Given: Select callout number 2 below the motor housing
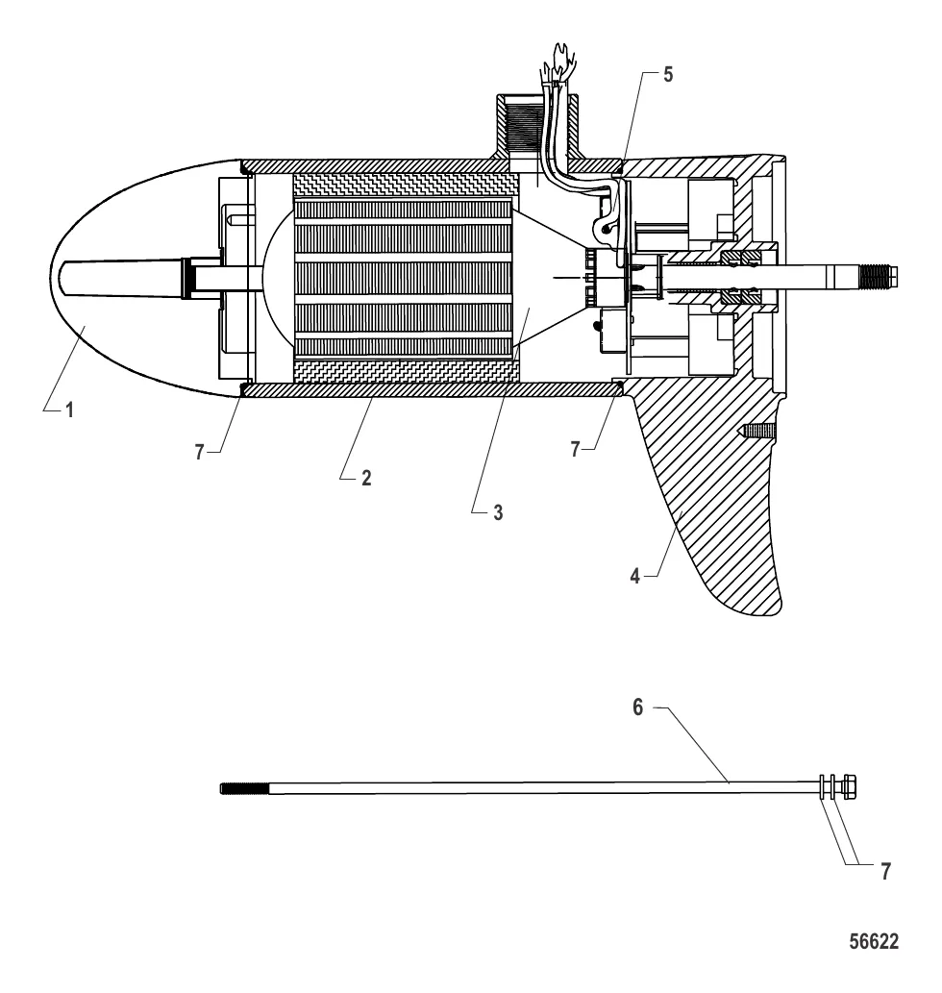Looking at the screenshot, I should [x=366, y=477].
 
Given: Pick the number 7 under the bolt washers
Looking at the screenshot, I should [x=884, y=871].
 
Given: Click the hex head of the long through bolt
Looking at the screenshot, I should [x=849, y=786].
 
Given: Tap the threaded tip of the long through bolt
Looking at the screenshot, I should [x=235, y=789].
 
